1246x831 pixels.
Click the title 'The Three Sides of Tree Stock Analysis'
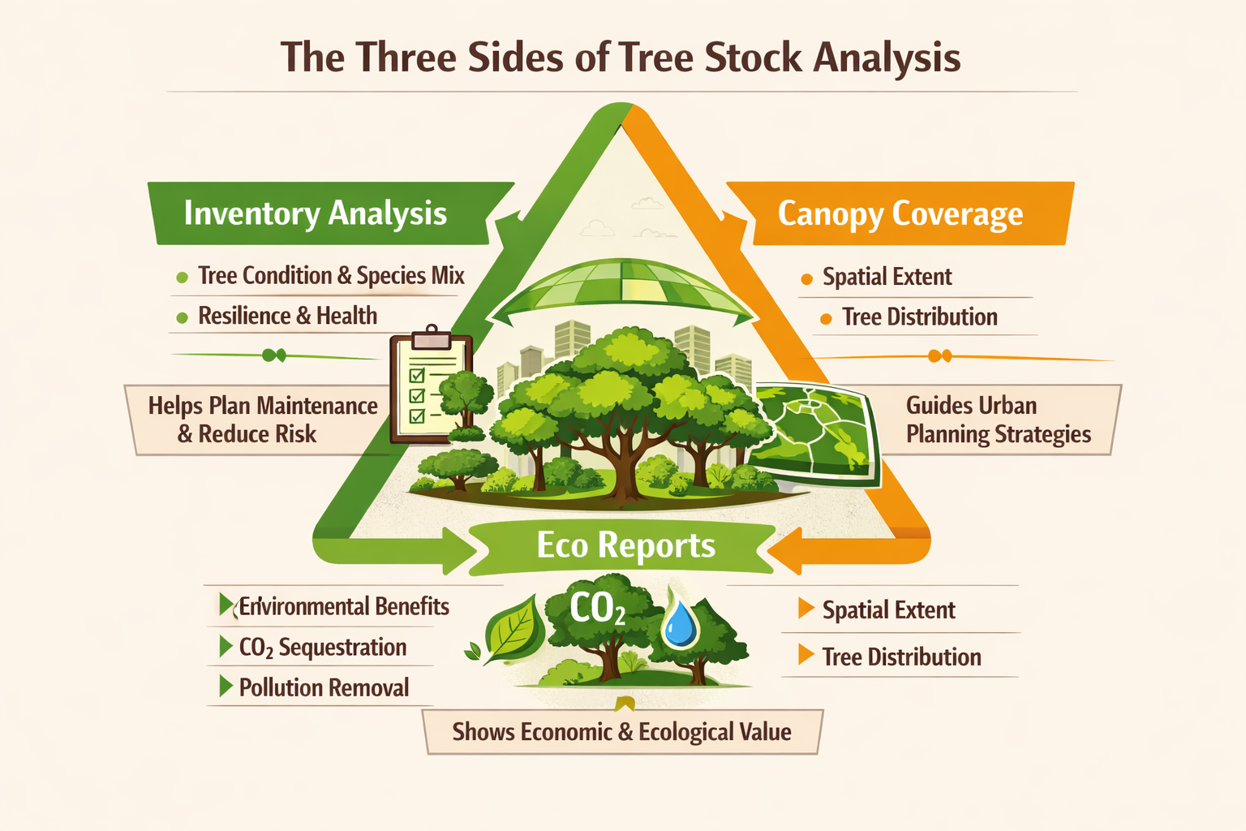click(x=621, y=58)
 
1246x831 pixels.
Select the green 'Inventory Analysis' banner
click(x=329, y=213)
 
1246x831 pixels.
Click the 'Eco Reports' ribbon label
click(x=625, y=545)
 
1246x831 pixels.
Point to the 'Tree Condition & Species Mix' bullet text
click(x=331, y=276)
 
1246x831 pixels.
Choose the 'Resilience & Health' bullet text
click(x=288, y=316)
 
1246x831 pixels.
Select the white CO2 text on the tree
click(x=597, y=609)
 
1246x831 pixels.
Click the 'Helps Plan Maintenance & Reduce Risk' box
click(x=261, y=420)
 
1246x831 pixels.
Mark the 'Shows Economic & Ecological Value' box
click(x=622, y=732)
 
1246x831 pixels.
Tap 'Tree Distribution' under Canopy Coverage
click(x=919, y=317)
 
